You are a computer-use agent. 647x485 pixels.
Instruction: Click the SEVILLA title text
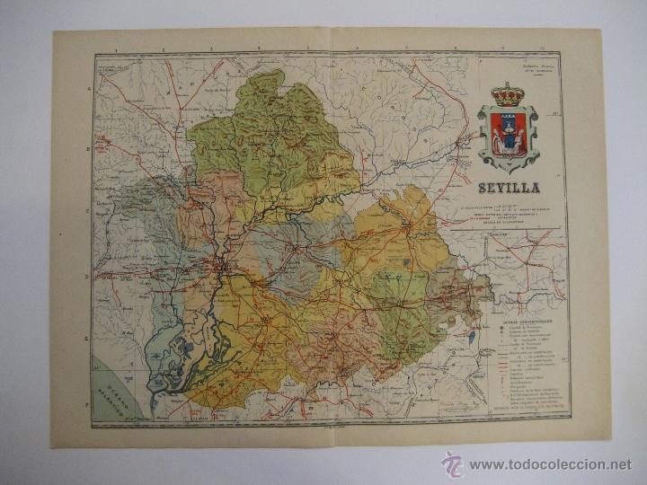tap(509, 189)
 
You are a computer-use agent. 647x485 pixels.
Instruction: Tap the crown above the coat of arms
tap(509, 93)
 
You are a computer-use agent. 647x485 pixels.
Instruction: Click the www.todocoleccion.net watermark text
tap(551, 464)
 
